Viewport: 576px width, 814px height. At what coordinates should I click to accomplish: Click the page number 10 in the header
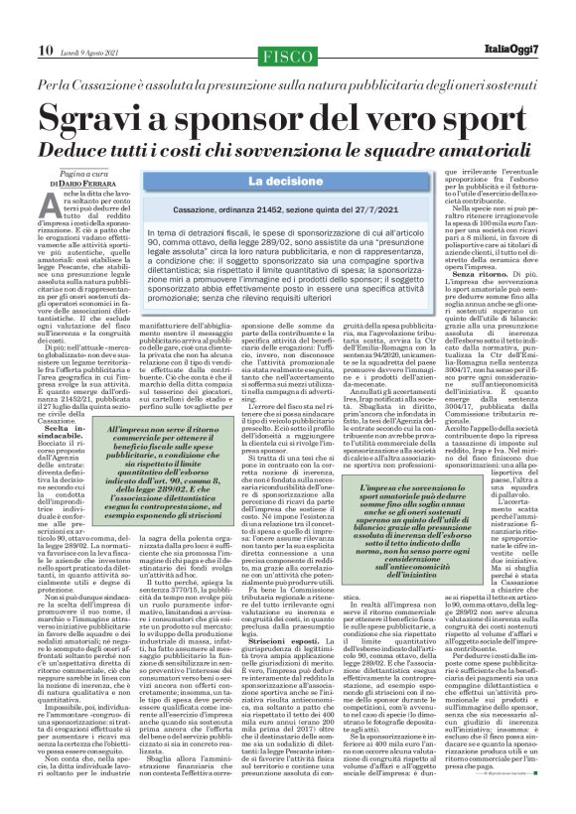pyautogui.click(x=45, y=22)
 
